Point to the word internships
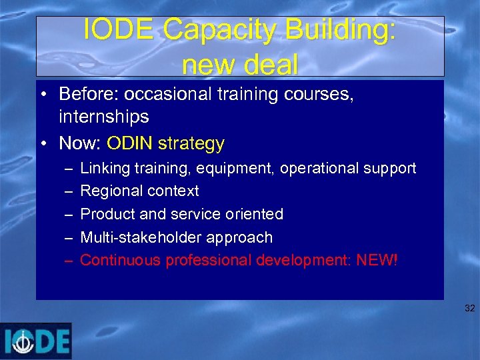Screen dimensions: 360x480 [103, 117]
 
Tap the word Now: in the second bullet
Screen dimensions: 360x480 [80, 143]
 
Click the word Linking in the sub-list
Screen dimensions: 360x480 [104, 168]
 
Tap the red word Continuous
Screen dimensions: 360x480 [120, 260]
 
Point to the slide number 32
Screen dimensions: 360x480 [469, 309]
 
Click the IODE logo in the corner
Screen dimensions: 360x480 [36, 341]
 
